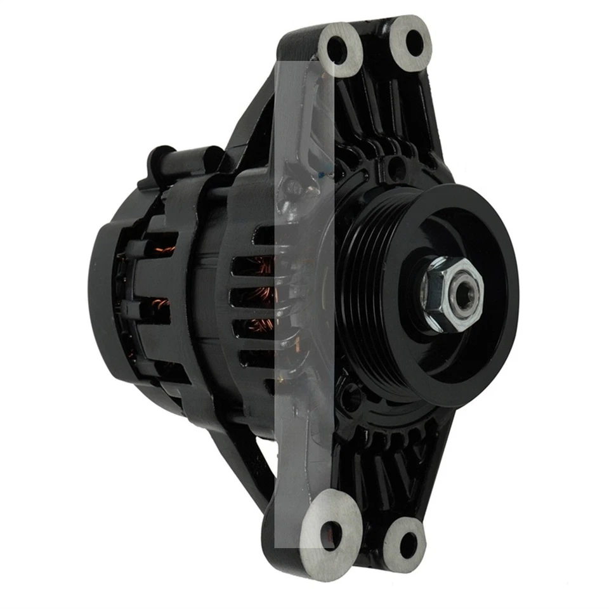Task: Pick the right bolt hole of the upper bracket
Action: point(414,43)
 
